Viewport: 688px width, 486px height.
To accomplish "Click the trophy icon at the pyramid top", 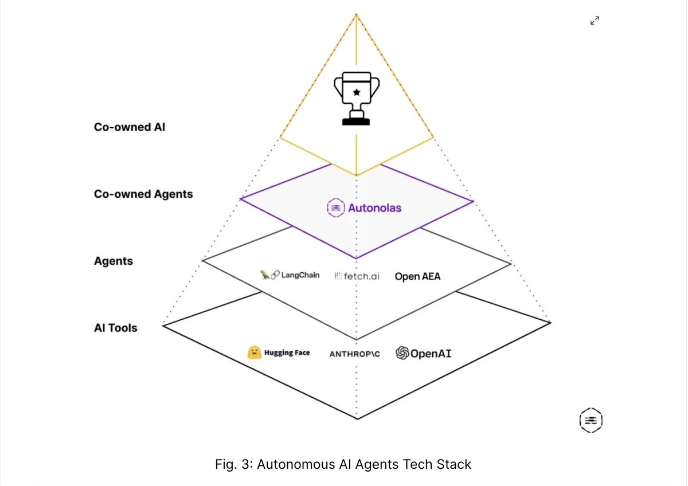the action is point(356,98).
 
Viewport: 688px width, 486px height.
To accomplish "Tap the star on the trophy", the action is point(357,92).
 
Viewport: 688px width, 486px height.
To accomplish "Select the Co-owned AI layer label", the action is point(130,127).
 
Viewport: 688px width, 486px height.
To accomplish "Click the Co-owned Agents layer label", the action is point(143,194).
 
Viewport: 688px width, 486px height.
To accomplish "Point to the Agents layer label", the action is point(114,261).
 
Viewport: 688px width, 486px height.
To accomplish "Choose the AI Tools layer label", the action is point(115,328).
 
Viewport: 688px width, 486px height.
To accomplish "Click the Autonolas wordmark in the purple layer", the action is point(375,208).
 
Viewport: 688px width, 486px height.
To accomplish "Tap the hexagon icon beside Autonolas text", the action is point(336,208).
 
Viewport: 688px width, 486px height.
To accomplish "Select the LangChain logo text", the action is point(300,275).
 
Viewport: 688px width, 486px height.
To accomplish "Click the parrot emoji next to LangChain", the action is point(264,275).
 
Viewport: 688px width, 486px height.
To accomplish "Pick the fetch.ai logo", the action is point(357,276).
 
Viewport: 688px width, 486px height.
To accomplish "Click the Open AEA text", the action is point(417,276).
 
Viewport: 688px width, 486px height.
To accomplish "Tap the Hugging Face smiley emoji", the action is point(255,352).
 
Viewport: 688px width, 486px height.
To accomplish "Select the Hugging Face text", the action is point(287,353).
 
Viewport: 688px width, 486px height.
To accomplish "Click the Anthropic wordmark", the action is point(355,354).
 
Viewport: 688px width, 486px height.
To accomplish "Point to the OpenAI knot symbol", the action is point(402,353).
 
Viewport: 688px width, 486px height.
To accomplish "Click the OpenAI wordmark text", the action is point(431,354).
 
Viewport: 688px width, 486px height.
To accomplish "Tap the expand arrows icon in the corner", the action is point(595,21).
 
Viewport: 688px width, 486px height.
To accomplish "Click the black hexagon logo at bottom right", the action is point(591,420).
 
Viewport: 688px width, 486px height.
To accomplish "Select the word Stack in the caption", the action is point(454,464).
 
